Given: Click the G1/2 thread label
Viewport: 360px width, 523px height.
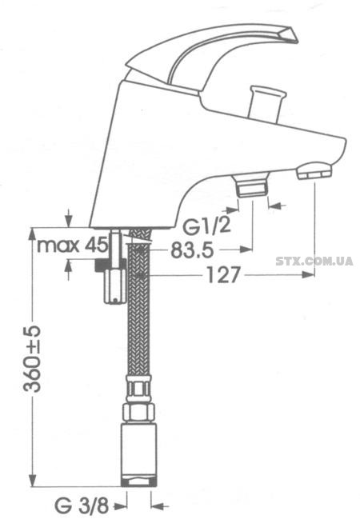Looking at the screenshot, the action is pyautogui.click(x=206, y=227).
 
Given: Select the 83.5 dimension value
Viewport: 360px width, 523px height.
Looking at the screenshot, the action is pyautogui.click(x=192, y=250).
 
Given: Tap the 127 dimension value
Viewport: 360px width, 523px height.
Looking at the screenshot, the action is pyautogui.click(x=223, y=275).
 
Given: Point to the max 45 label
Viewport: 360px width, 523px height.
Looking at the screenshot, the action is pyautogui.click(x=73, y=246).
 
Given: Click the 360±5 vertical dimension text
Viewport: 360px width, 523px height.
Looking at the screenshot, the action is pyautogui.click(x=32, y=358).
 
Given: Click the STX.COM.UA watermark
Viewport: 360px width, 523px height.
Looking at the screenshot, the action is pyautogui.click(x=314, y=261).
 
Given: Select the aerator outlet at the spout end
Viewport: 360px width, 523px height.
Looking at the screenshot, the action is pyautogui.click(x=314, y=171).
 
